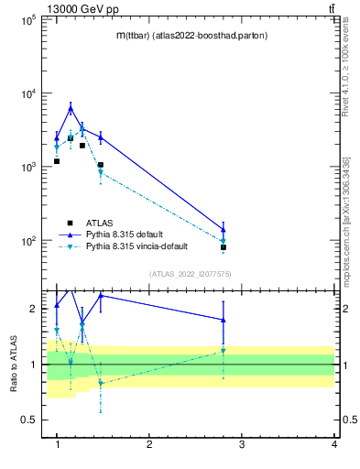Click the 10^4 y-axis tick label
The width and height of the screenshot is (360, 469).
27,93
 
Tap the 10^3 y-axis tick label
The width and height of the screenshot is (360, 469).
27,168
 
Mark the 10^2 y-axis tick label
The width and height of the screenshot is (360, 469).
27,241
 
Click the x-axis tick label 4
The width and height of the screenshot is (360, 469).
333,444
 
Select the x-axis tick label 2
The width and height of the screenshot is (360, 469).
149,444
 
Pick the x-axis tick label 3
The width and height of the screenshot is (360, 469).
241,444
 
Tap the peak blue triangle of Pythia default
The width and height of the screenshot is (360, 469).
71,108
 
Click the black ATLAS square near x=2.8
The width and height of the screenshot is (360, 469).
224,247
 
